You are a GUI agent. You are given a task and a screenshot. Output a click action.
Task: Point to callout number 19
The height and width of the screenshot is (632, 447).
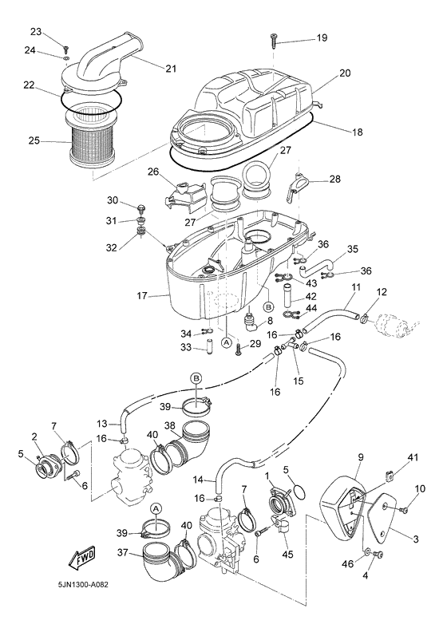coord(321,38)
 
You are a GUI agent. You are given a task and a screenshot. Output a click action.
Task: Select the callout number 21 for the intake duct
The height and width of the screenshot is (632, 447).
coord(170,69)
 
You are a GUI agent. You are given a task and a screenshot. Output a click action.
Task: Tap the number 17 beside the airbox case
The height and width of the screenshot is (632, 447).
coord(142,297)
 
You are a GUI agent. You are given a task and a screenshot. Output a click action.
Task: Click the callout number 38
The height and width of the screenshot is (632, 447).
coord(169,425)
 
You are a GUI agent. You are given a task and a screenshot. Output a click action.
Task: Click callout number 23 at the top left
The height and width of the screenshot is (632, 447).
coord(35,31)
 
